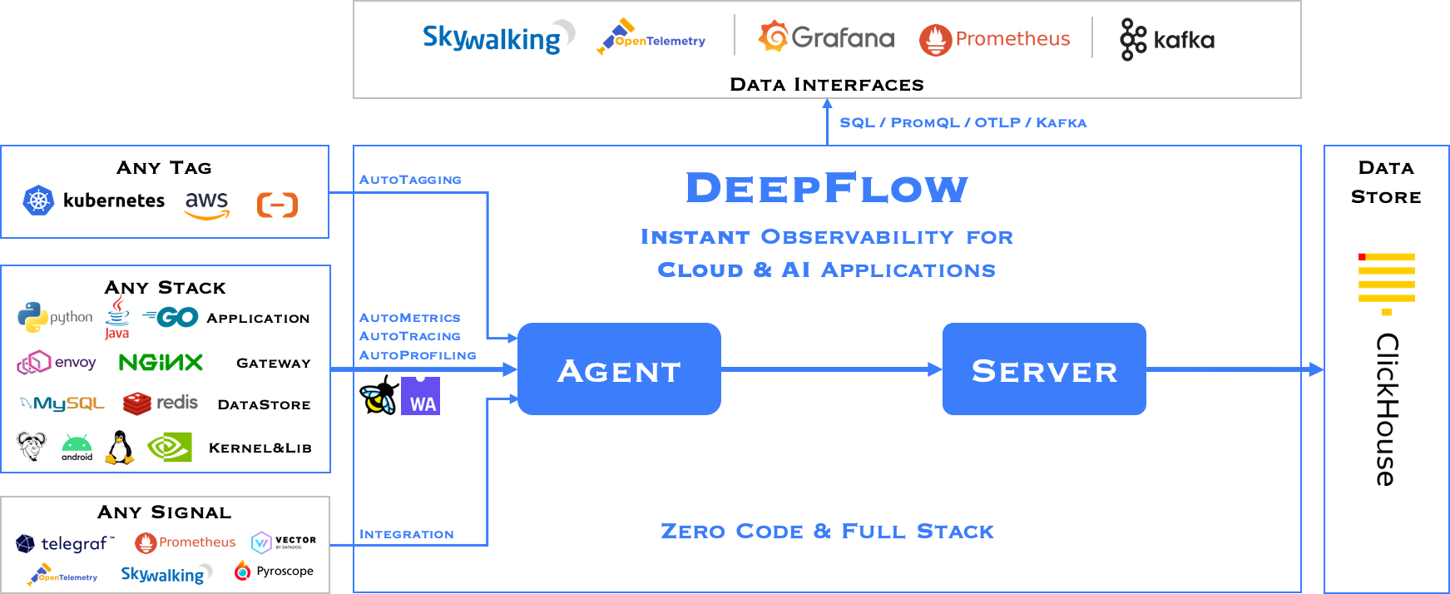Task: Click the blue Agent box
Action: pos(619,369)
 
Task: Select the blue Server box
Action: pos(1044,369)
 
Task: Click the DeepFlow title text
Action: pos(826,188)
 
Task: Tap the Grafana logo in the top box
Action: pos(826,37)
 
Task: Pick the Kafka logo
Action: pos(1167,39)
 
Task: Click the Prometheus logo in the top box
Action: pos(995,39)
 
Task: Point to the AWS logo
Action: pos(206,205)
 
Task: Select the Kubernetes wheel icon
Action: pos(38,200)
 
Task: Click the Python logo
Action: pos(54,317)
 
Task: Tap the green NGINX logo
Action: pos(161,363)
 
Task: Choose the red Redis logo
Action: pos(161,403)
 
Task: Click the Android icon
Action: pos(77,447)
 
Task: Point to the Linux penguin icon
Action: pos(119,448)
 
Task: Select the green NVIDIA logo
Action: pos(170,448)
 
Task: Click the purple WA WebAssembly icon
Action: pos(420,396)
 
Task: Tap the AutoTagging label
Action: pos(410,180)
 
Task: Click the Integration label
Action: pos(406,534)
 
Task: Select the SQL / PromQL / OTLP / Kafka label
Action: pos(963,123)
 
